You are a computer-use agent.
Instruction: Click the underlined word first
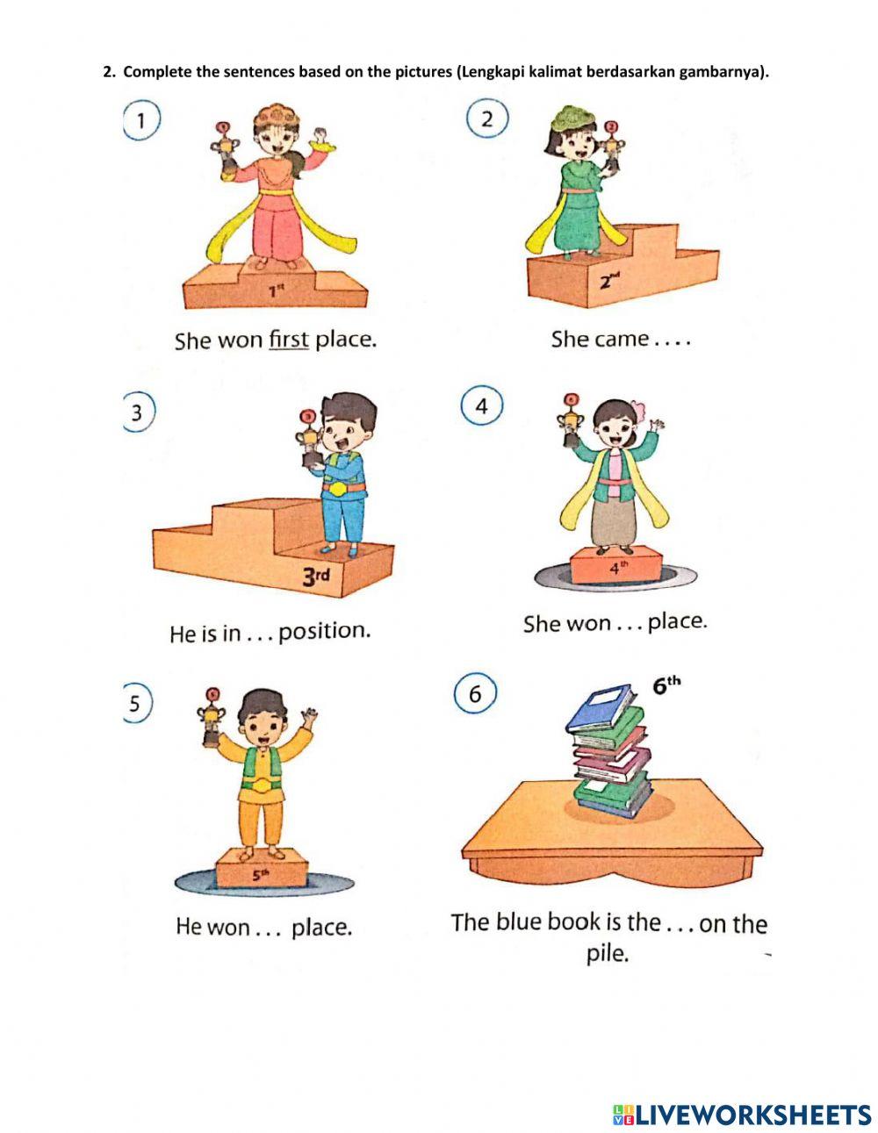pos(288,340)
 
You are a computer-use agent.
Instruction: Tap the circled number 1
pos(140,119)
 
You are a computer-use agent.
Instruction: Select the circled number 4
pos(482,406)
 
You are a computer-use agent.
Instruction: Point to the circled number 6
pos(475,693)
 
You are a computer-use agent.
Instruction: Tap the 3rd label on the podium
pos(316,577)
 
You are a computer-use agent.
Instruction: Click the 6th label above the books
pos(667,685)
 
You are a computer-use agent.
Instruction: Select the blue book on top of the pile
pos(601,708)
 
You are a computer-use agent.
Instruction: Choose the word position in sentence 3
pos(324,632)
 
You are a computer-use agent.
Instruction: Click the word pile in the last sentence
pos(607,954)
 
